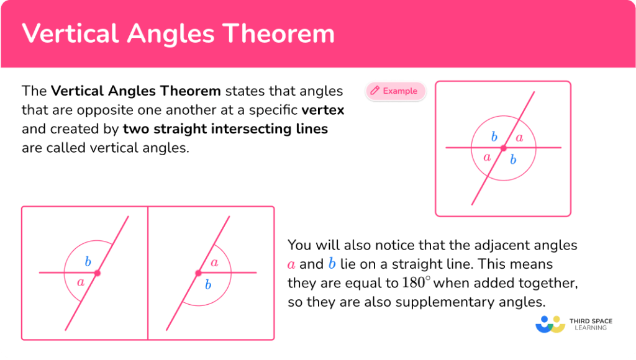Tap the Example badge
point(396,91)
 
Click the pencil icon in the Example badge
point(375,91)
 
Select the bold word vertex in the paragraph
point(322,110)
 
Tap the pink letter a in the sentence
point(291,265)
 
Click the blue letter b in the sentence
point(332,264)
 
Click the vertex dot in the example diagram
point(503,148)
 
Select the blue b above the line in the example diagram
point(494,137)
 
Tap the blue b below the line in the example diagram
point(513,160)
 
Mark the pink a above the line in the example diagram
point(519,138)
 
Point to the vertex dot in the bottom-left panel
point(97,272)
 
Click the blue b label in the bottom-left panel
point(88,261)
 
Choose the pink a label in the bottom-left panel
point(80,282)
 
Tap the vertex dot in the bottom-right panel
point(198,272)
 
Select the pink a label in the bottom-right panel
point(214,263)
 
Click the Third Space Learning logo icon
point(550,324)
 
